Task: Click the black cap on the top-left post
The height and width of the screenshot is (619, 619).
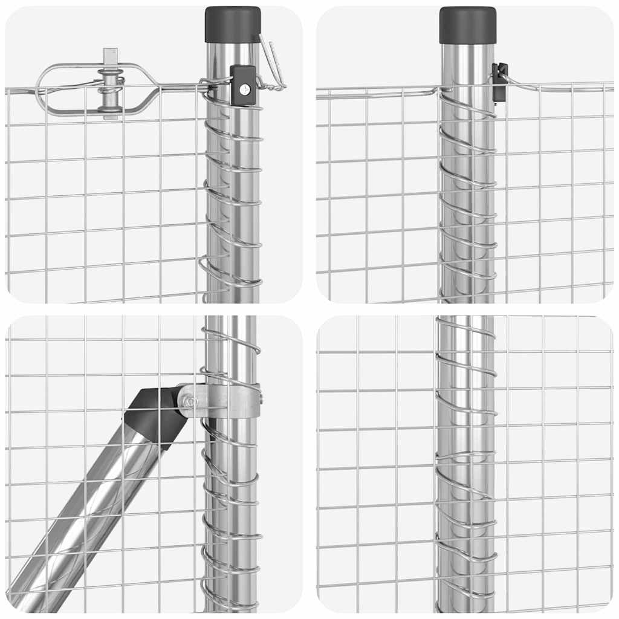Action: pos(233,25)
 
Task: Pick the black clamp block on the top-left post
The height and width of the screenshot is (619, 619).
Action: pos(243,86)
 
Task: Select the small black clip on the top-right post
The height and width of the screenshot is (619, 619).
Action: pos(499,81)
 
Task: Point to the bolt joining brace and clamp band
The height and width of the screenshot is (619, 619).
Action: pos(187,400)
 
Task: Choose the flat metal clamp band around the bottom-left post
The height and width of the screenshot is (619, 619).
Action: pos(230,401)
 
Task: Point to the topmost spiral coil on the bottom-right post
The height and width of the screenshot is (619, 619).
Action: pos(465,326)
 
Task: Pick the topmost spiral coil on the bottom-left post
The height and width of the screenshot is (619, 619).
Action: pos(233,335)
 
